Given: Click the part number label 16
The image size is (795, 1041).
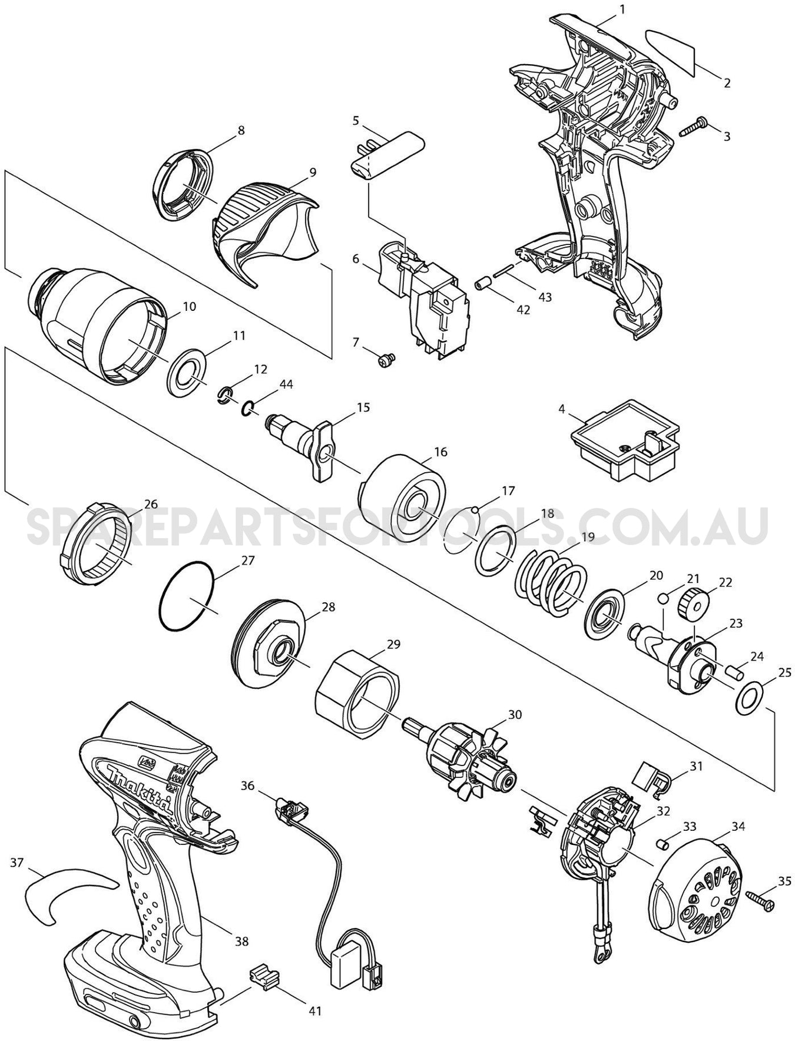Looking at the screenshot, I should pos(440,452).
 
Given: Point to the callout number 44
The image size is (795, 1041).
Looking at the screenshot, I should pos(286,384).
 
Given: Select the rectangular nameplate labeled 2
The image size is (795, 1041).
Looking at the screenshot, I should pos(671,52).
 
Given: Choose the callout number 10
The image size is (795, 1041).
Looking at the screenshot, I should pos(190,307).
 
